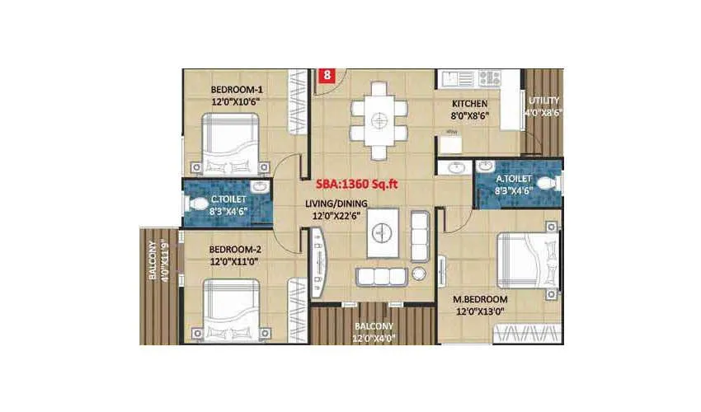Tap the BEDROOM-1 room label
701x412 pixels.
pyautogui.click(x=237, y=90)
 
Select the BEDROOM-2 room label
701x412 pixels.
pyautogui.click(x=237, y=248)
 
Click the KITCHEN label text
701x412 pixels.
pyautogui.click(x=469, y=104)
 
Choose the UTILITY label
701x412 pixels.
pyautogui.click(x=543, y=101)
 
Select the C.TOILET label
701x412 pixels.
pyautogui.click(x=226, y=199)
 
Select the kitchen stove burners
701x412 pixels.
pyautogui.click(x=489, y=78)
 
